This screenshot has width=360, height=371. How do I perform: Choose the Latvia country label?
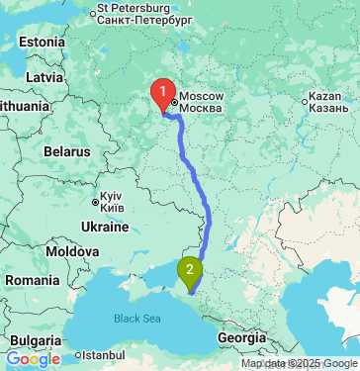pos(45,76)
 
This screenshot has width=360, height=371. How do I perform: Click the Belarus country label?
pos(67,151)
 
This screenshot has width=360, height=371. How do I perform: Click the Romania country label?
pos(32,281)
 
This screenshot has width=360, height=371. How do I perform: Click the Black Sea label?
pos(135,319)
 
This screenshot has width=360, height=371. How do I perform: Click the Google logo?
pos(33,359)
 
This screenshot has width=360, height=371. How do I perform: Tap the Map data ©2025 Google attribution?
pos(299,364)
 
